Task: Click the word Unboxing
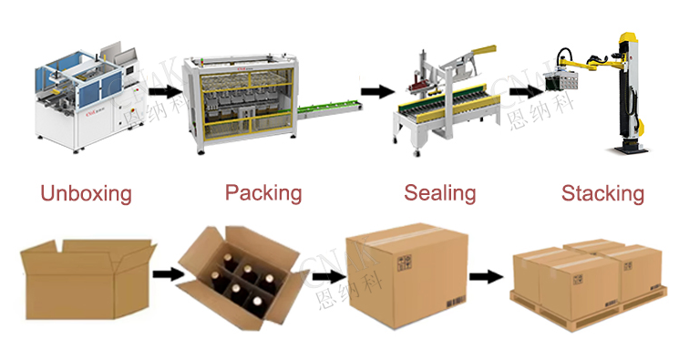(87, 194)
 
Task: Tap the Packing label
(263, 193)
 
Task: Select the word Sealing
(440, 193)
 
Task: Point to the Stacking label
(602, 193)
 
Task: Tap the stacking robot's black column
(629, 100)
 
